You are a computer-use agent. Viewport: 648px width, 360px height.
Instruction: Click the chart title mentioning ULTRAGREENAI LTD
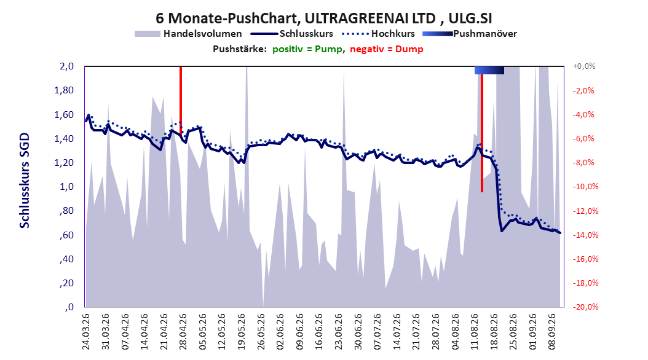point(323,18)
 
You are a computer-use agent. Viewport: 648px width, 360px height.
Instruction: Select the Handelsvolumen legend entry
point(189,34)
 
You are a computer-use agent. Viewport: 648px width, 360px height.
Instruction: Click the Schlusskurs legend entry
point(292,34)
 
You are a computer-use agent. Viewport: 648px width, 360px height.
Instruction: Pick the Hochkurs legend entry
point(379,34)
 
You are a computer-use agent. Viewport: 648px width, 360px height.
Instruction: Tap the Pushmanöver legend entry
point(470,34)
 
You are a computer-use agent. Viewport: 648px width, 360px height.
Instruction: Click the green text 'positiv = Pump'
point(307,49)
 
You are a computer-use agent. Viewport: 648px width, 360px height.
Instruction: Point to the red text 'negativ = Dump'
point(387,49)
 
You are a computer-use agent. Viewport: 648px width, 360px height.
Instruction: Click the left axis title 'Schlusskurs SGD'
point(25,181)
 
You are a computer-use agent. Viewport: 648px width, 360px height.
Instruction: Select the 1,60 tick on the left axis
point(64,114)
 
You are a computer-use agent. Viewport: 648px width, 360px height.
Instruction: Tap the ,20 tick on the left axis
point(68,283)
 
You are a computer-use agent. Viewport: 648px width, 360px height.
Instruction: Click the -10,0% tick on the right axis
point(585,187)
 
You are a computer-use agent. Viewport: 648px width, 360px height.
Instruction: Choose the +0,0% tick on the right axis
point(584,66)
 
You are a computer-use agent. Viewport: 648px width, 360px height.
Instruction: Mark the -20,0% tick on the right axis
point(585,307)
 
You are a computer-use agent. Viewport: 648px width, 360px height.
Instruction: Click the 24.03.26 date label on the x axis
point(86,332)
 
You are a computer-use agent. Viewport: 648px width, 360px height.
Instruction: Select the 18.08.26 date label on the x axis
point(494,332)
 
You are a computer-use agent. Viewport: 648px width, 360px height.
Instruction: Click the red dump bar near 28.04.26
point(181,100)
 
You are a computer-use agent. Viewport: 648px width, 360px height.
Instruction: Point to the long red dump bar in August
point(482,129)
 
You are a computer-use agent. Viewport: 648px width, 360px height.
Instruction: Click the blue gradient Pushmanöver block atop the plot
point(489,70)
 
